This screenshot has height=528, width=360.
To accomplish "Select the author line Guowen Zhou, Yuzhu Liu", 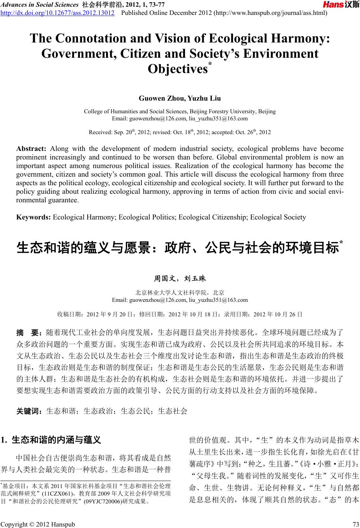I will tap(180, 98).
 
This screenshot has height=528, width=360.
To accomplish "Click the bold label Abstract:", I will tap(31, 149).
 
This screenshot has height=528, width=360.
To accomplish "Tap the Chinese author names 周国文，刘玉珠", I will tap(180, 278).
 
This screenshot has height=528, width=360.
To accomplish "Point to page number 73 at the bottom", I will tap(355, 524).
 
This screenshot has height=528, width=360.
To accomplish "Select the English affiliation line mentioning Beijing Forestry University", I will tap(180, 111).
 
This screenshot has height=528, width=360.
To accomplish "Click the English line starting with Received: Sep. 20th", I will tap(180, 132).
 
